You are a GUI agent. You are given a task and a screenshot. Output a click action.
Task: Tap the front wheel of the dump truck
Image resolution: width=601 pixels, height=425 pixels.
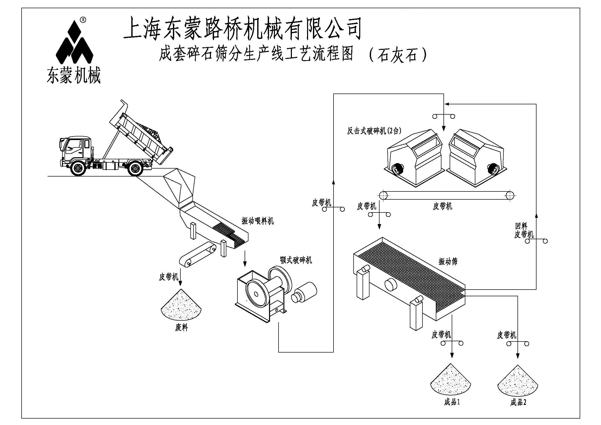click(78, 168)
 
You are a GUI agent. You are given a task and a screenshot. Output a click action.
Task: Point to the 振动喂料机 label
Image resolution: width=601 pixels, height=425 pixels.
click(257, 221)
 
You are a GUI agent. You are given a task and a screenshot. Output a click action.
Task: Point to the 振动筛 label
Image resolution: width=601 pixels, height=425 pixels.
click(448, 261)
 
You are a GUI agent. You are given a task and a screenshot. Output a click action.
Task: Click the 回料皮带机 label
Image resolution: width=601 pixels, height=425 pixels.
click(523, 230)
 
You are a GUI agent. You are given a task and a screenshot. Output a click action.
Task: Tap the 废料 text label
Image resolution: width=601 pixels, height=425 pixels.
click(181, 328)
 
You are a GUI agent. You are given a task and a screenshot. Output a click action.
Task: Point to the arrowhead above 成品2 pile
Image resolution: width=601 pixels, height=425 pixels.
click(517, 356)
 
